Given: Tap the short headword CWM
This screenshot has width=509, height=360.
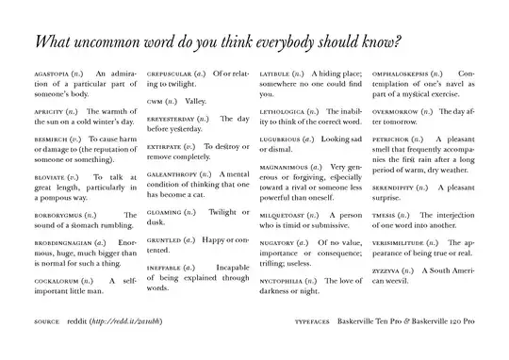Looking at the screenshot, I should [x=156, y=100].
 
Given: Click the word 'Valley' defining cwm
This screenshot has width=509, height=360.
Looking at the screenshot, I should [x=195, y=100].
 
